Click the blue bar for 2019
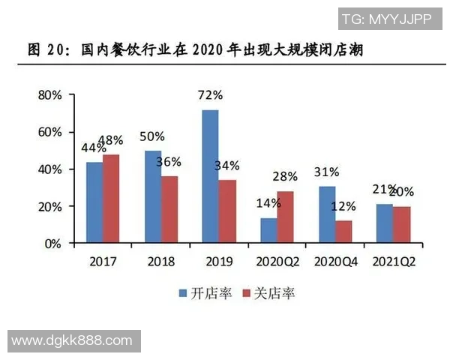coord(211,176)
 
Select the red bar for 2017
coord(111,199)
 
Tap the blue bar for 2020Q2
coord(268,230)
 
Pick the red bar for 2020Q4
coord(343,232)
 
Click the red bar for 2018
coord(169,209)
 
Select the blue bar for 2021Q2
coord(384,223)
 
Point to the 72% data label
coord(211,95)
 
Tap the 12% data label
coord(344,205)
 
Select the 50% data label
coord(153,136)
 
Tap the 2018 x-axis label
coord(160,261)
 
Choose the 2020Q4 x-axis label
coord(334,261)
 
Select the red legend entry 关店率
coord(268,292)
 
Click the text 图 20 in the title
coord(50,50)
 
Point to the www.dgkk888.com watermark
coord(73,340)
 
